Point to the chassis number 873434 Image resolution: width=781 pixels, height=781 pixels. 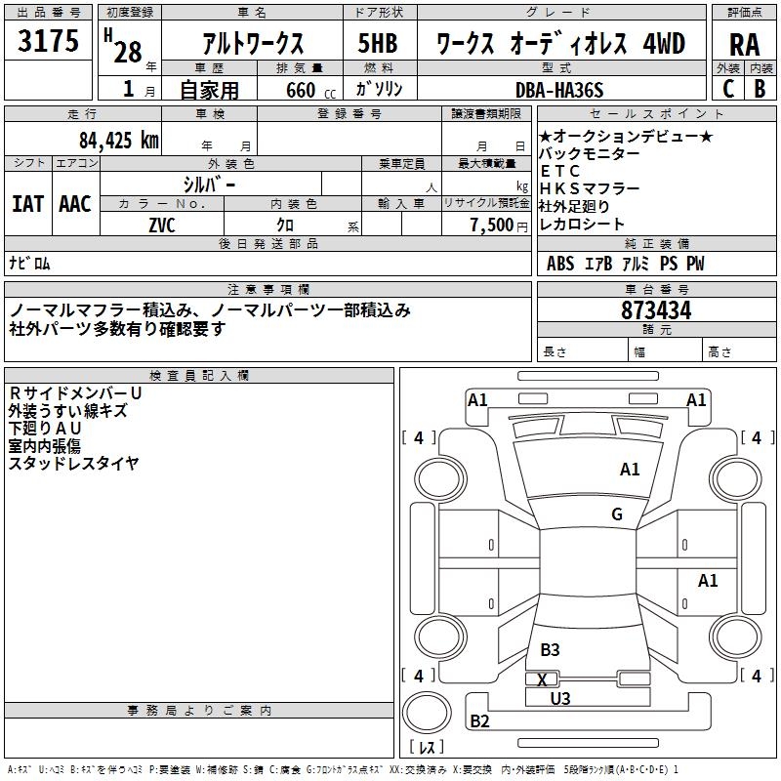tap(656, 311)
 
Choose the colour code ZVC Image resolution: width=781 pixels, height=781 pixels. tap(161, 225)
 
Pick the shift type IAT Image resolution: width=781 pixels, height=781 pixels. tap(28, 203)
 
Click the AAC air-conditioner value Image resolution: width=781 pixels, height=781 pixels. tap(75, 203)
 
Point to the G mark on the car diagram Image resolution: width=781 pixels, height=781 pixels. tap(617, 514)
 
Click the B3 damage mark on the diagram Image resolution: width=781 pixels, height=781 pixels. tap(550, 649)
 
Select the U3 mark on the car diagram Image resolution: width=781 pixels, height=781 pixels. tap(559, 698)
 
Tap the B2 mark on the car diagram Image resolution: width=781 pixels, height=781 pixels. tap(480, 721)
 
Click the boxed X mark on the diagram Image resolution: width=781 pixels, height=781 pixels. tap(542, 679)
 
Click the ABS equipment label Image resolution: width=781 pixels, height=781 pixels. tap(560, 264)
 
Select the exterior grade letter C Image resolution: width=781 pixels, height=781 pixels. tap(728, 89)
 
